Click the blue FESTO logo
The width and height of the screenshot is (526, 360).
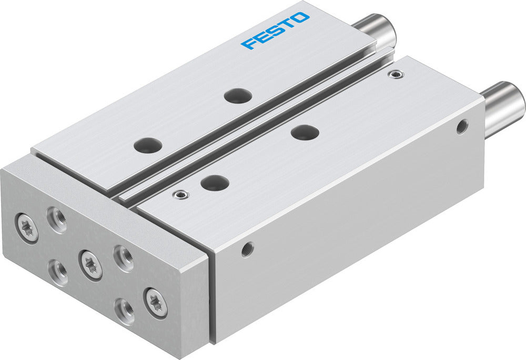(x=275, y=31)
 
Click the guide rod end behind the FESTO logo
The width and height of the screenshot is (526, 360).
(x=378, y=29)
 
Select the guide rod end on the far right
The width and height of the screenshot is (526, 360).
(x=505, y=108)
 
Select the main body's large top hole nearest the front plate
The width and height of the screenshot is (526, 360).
(x=215, y=183)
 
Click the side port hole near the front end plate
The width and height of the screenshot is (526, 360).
(x=247, y=249)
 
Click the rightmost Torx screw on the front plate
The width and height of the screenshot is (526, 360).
(x=156, y=303)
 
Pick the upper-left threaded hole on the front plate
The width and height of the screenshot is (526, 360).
(x=57, y=219)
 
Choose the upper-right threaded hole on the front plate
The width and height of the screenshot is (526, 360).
(x=124, y=258)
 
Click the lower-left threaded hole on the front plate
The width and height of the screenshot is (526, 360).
(x=58, y=272)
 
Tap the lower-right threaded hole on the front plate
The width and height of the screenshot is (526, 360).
(x=124, y=311)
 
